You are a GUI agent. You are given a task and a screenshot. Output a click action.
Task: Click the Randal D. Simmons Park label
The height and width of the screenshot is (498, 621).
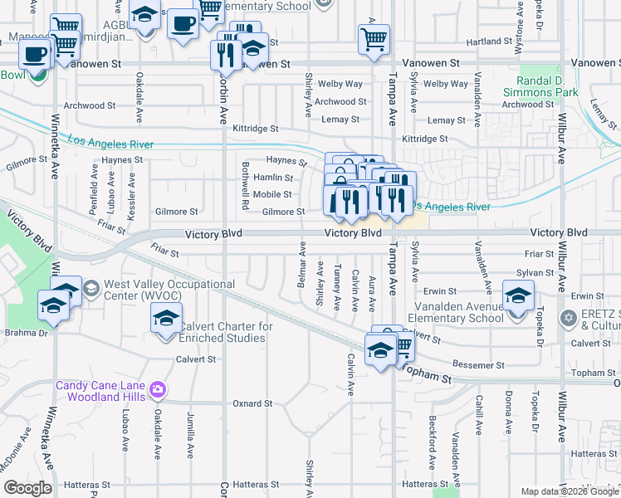(547, 87)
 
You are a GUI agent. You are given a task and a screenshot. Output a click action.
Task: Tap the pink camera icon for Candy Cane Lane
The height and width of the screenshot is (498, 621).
(159, 388)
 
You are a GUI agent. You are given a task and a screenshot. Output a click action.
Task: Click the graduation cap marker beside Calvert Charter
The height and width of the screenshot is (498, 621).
(166, 319)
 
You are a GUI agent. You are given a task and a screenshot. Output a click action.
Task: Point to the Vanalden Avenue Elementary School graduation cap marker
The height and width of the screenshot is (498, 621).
(518, 295)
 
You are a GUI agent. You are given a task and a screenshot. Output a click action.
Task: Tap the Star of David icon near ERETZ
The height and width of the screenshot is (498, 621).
(569, 318)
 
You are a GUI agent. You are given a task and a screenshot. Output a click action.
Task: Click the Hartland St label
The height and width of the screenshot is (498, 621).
(489, 41)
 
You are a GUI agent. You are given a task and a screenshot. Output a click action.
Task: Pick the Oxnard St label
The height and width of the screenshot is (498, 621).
(252, 403)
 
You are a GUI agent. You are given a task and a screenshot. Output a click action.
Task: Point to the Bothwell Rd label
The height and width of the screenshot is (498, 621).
(246, 192)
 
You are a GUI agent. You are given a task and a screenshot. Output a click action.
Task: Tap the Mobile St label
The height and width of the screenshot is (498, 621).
(272, 194)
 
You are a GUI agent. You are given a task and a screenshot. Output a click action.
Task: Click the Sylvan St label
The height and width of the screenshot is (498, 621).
(534, 272)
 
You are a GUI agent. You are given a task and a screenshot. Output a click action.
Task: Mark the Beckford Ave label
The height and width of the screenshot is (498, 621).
(432, 440)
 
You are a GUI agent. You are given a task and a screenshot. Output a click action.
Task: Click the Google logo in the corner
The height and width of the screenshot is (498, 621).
(28, 488)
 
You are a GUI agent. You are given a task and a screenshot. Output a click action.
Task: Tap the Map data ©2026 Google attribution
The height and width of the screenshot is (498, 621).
(570, 491)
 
